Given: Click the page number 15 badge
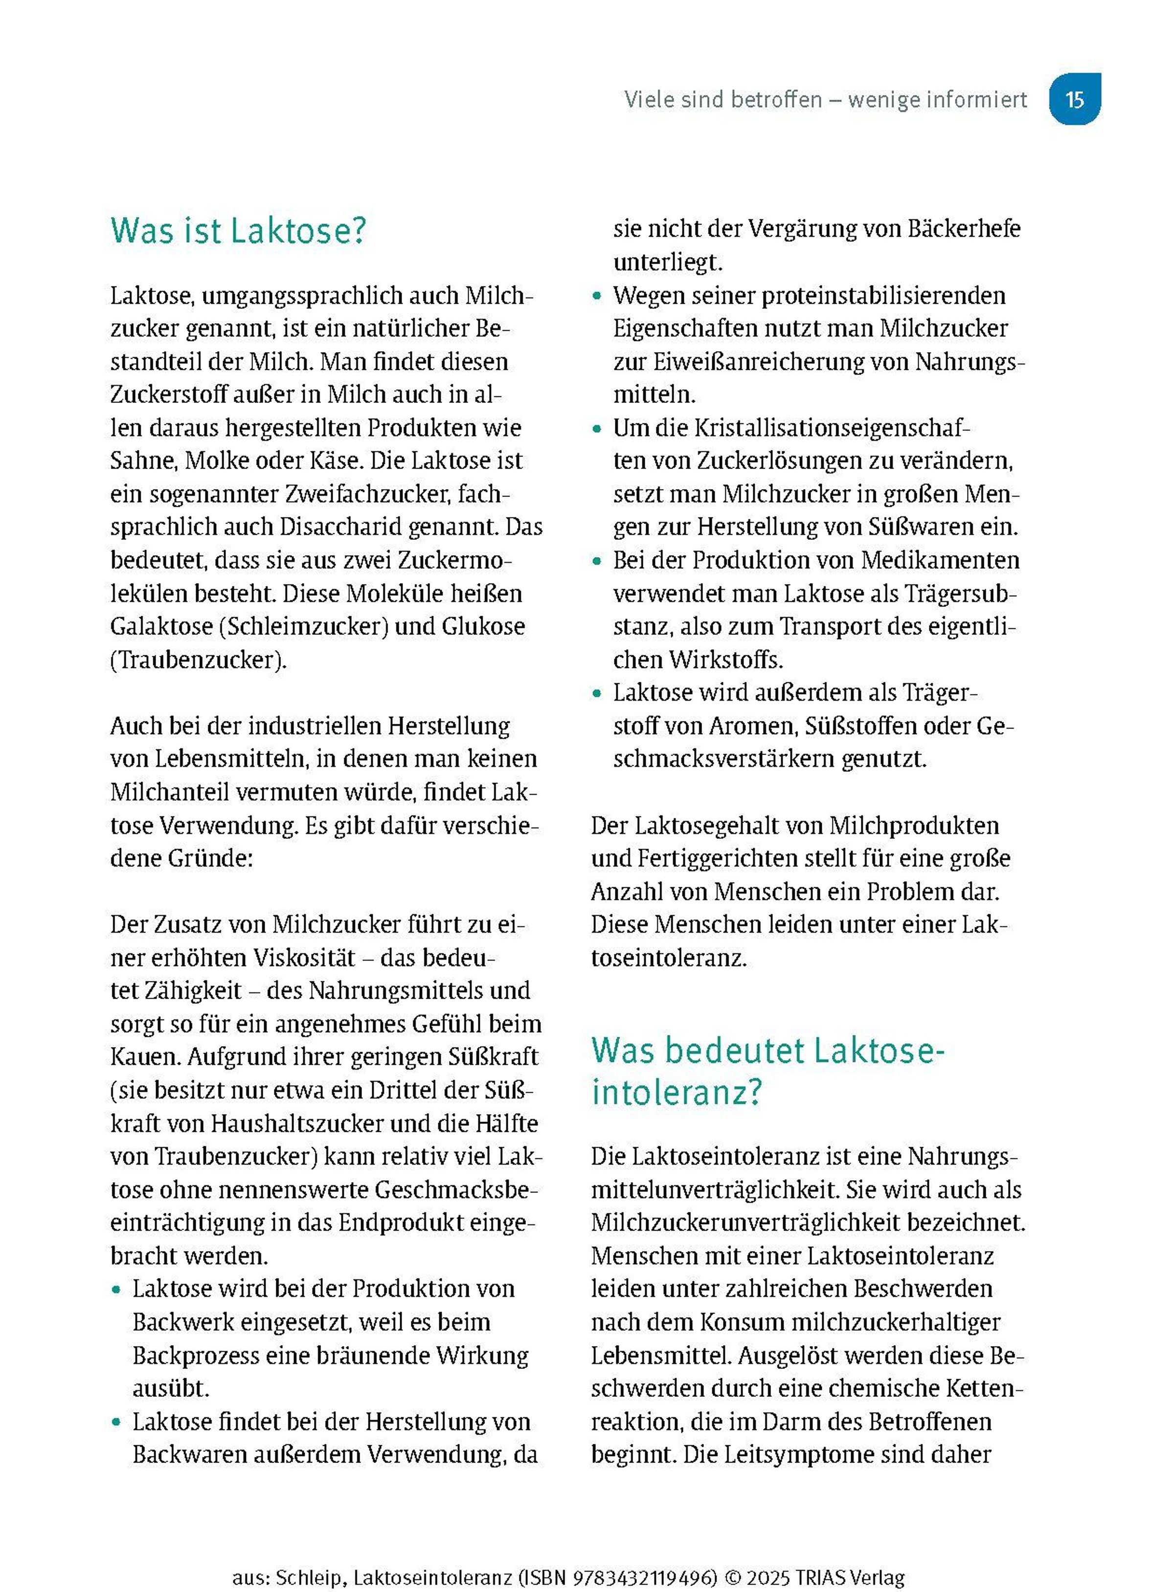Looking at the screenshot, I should tap(1075, 99).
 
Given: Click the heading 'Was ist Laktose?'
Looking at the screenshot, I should tap(238, 231).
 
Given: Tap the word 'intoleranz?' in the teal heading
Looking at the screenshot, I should tap(677, 1092).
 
